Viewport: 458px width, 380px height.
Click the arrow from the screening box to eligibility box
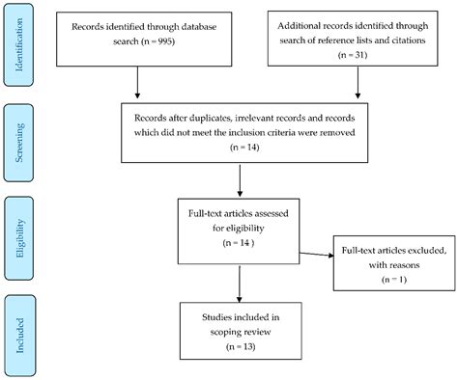pos(239,181)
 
